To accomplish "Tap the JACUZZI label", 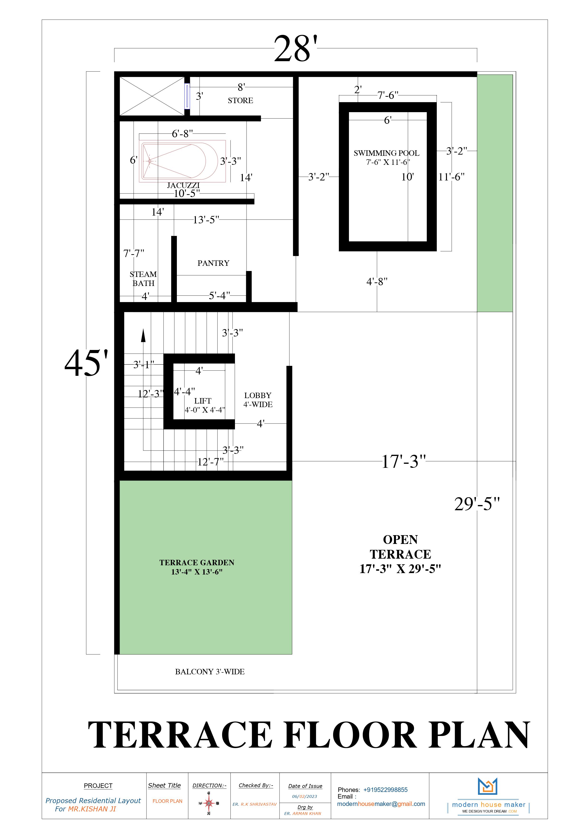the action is coord(183,185).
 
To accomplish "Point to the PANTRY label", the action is coord(213,263).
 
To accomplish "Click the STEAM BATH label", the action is coord(143,279).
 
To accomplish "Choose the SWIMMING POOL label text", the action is coord(386,153).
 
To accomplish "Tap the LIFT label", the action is coord(202,401).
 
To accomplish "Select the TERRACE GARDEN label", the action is coord(197,567).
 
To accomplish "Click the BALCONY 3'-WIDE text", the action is coord(210,671).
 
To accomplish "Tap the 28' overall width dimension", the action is coord(296,49).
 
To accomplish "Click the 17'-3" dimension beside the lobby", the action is coord(404,462).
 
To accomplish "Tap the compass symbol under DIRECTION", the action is coord(209,803).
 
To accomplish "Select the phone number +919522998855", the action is coord(386,790).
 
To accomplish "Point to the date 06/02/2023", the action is coord(305,796).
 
